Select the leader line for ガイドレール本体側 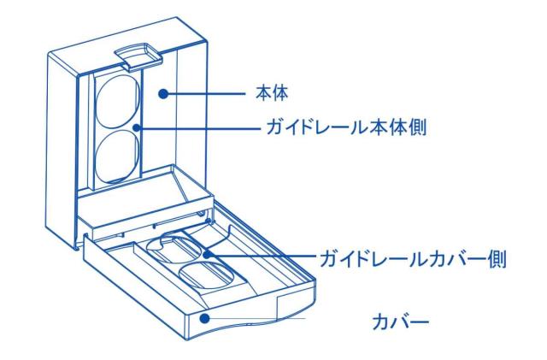coord(197,129)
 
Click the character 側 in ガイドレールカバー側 coord(499,257)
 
